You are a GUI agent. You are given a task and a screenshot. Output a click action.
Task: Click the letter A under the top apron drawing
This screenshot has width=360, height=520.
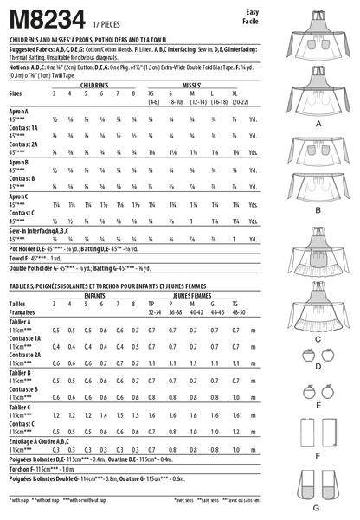tap(318, 125)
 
